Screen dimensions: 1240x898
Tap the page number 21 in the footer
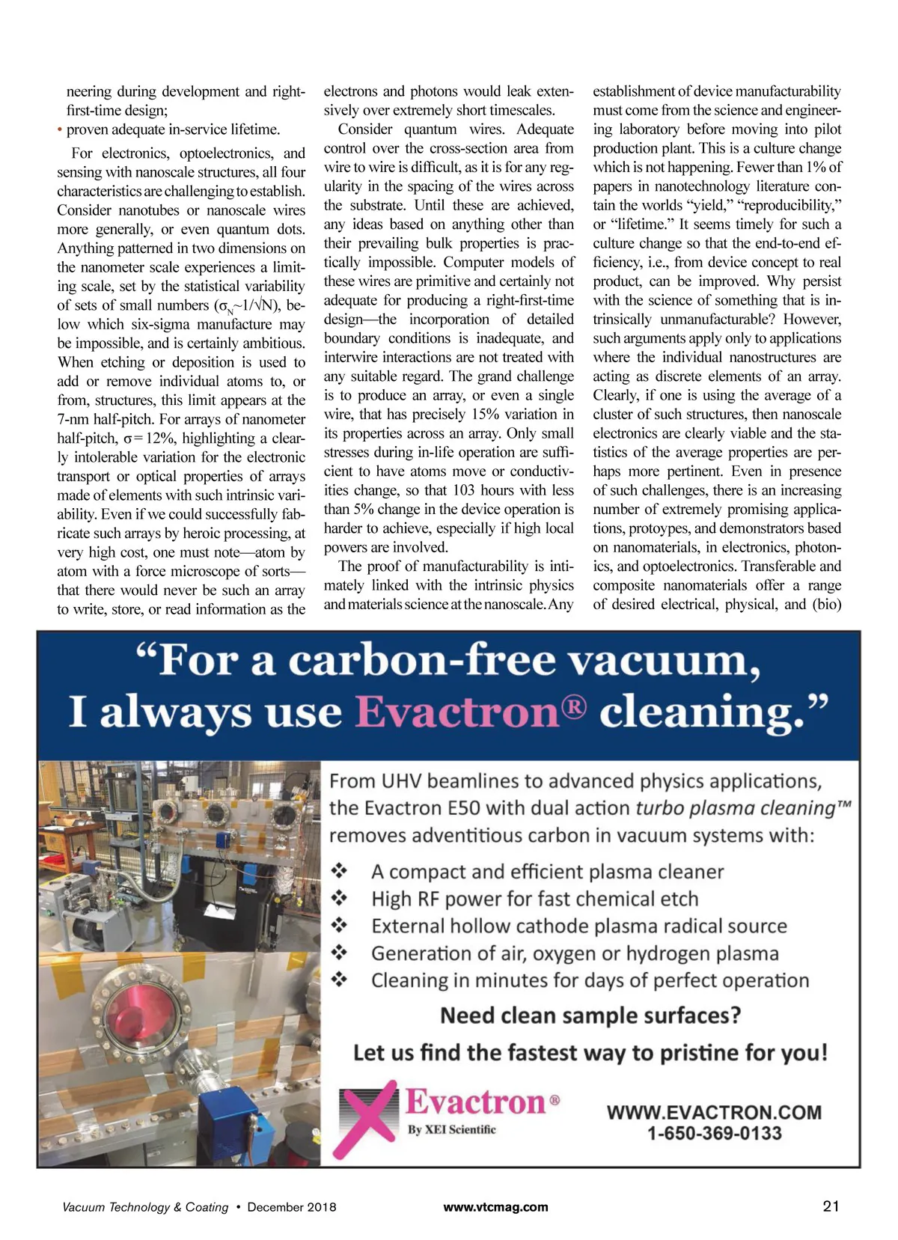831,1206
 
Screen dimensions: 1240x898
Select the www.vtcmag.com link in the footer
495,1206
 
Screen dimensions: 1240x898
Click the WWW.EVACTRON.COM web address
714,1112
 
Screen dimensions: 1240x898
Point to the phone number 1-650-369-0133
714,1133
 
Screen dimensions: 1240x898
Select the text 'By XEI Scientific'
451,1129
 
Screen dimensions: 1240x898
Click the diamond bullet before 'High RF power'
340,898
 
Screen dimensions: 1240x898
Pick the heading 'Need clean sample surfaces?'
590,1015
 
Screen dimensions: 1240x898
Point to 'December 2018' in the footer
292,1206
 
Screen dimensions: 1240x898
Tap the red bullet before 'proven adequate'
60,129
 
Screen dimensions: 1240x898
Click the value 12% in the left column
159,438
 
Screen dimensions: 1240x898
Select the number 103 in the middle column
465,490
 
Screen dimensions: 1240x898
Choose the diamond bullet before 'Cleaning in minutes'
340,980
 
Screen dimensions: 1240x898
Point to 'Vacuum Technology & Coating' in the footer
145,1206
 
